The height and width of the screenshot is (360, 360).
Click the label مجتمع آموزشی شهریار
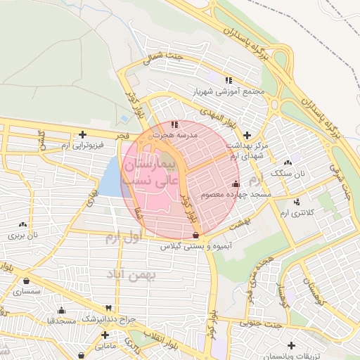point(226,91)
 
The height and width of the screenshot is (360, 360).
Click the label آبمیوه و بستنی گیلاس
point(189,246)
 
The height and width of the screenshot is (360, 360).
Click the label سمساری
point(27,290)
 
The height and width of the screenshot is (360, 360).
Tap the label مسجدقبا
point(60,320)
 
